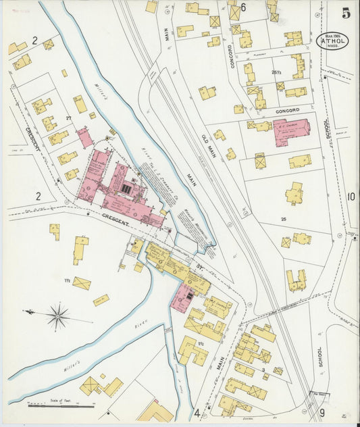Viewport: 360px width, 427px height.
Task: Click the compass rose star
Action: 58,316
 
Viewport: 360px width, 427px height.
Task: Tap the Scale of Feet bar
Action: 62,406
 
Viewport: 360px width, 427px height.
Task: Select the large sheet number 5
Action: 346,13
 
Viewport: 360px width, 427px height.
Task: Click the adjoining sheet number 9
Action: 322,413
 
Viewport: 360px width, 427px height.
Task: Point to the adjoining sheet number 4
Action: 197,413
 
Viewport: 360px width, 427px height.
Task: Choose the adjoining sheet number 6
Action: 243,7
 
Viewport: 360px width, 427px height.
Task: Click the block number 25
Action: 284,220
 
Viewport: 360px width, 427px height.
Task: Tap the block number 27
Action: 69,118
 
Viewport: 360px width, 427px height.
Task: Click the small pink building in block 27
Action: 84,138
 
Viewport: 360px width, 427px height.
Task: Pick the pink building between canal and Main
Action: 182,297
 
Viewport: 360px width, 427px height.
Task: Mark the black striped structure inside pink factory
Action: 126,189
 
